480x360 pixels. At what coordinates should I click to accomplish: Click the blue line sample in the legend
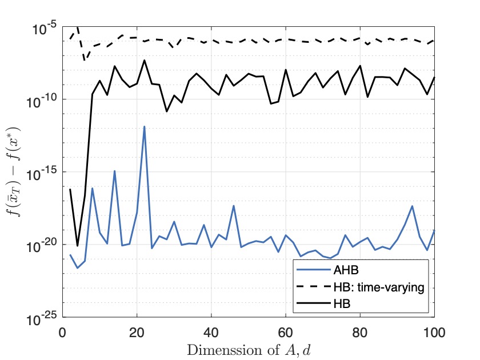(x=313, y=270)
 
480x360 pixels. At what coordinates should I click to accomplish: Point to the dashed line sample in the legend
(x=313, y=287)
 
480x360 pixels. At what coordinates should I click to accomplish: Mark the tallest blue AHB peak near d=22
(x=144, y=126)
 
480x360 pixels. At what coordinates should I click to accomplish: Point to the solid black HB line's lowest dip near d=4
(x=77, y=246)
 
